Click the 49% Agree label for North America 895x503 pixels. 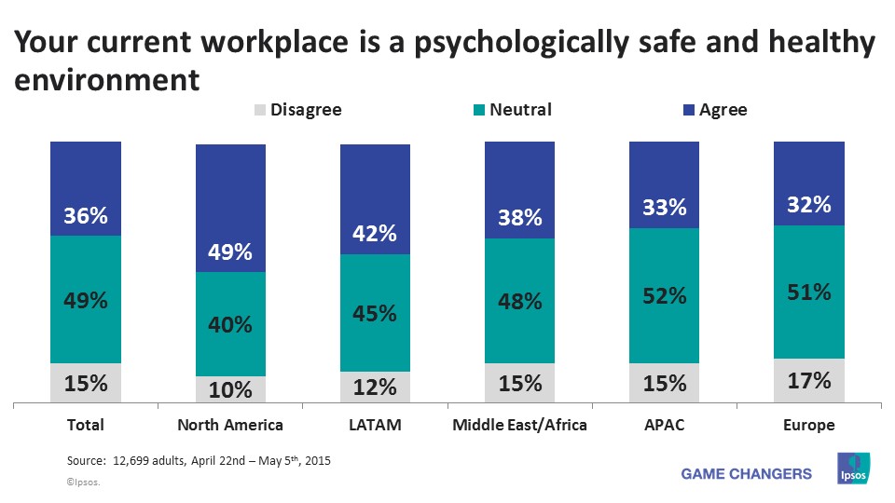click(x=230, y=252)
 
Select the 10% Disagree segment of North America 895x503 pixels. click(x=230, y=389)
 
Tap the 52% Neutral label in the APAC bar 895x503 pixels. click(x=664, y=295)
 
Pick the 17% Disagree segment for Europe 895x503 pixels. click(x=809, y=381)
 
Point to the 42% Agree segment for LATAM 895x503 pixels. click(x=375, y=199)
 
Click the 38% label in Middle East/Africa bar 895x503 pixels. click(x=519, y=217)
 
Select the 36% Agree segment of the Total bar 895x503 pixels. click(x=86, y=189)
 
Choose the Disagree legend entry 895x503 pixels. click(x=297, y=110)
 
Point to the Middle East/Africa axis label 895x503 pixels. click(x=519, y=426)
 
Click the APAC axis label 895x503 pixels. click(x=664, y=426)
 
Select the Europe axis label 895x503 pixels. click(x=808, y=426)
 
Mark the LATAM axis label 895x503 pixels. click(x=375, y=426)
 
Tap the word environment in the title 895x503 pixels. click(x=107, y=80)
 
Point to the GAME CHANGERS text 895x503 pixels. click(x=747, y=474)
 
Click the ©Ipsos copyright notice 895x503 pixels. click(x=83, y=483)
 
